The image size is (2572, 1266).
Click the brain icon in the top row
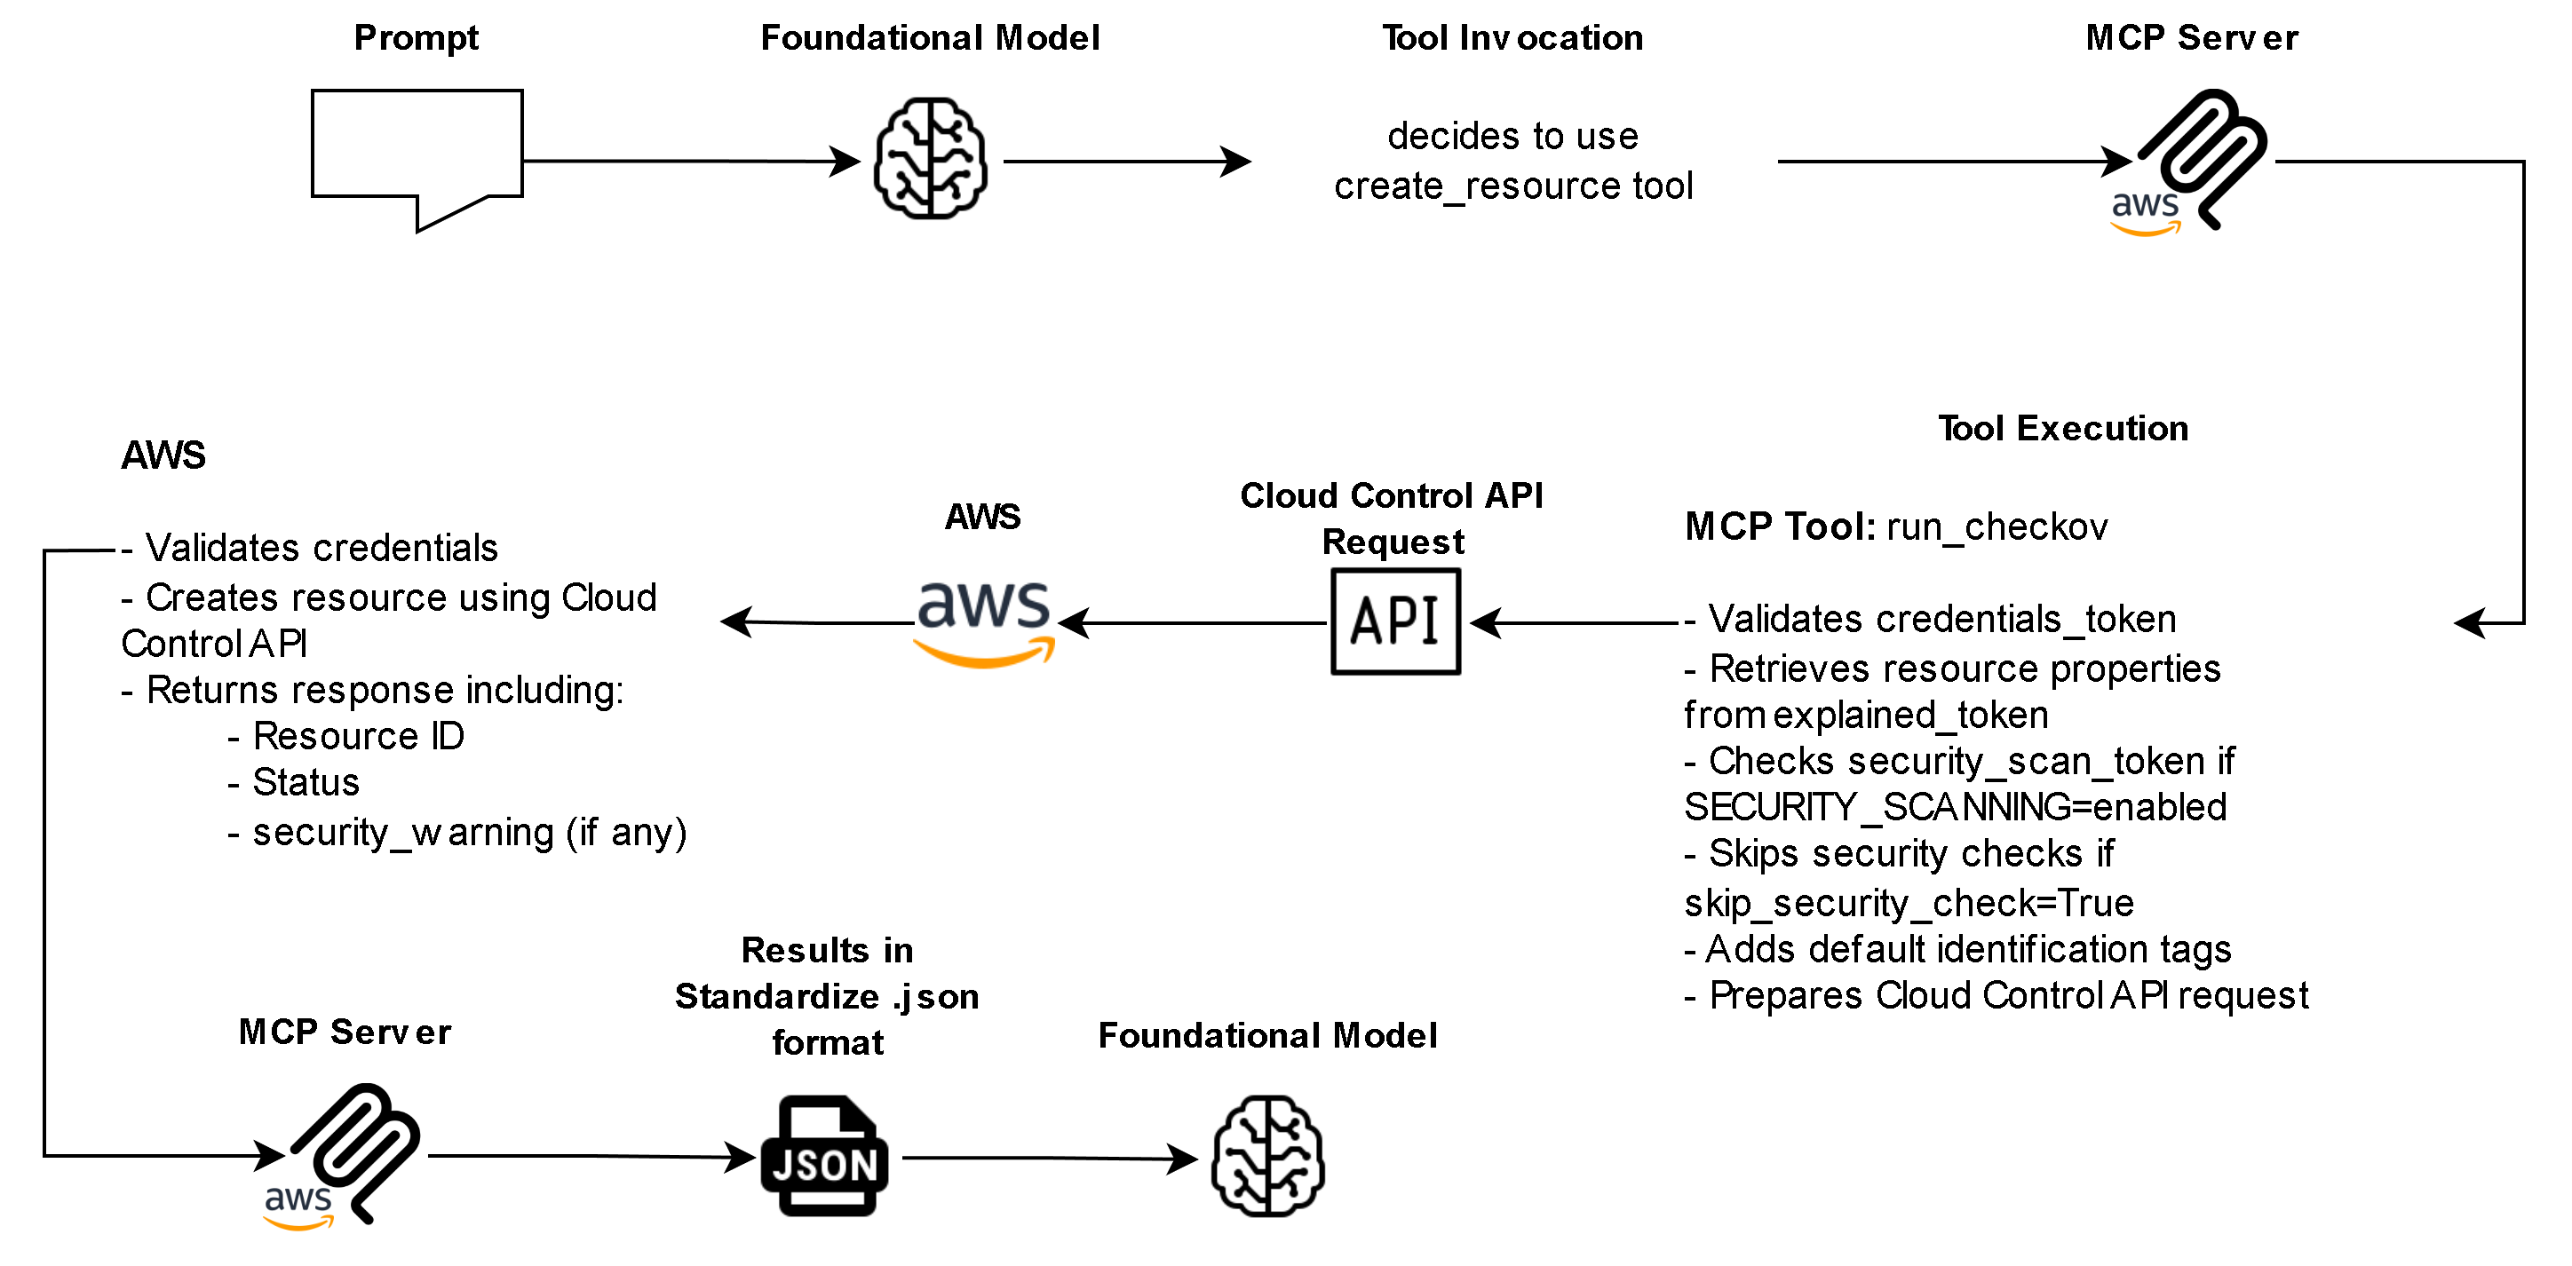(930, 158)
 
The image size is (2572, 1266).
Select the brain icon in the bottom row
(1267, 1156)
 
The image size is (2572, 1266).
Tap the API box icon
(1395, 621)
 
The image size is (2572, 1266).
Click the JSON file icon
(823, 1156)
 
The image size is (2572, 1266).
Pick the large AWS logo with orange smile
(984, 621)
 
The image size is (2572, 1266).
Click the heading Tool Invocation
(1512, 38)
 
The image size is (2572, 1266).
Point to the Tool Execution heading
(2062, 428)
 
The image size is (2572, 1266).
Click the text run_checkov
(1996, 527)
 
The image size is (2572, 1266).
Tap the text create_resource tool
(1512, 186)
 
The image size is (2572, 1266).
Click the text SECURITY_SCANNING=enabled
(1954, 807)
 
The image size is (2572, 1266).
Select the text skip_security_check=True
(1908, 903)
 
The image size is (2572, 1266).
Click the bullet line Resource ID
(357, 736)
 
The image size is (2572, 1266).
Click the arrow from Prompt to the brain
(689, 161)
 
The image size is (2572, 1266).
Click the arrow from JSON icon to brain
(1048, 1159)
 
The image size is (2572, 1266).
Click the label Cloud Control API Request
(1392, 518)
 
